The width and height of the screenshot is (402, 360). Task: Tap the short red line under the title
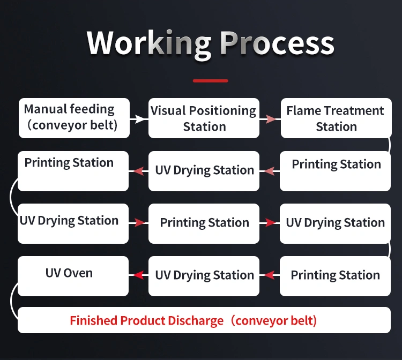[x=210, y=81]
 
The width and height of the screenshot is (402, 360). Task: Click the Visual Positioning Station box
[x=204, y=118]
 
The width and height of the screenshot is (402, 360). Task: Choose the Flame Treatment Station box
[x=336, y=118]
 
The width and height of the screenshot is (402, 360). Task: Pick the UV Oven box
[x=73, y=276]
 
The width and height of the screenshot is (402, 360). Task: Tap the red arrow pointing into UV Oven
[x=139, y=275]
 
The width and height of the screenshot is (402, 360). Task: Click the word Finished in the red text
[x=93, y=321]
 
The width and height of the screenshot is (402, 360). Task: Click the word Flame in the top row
[x=302, y=111]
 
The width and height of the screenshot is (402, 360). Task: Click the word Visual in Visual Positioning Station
[x=167, y=111]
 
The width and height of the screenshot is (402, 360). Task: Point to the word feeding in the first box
[x=92, y=110]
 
